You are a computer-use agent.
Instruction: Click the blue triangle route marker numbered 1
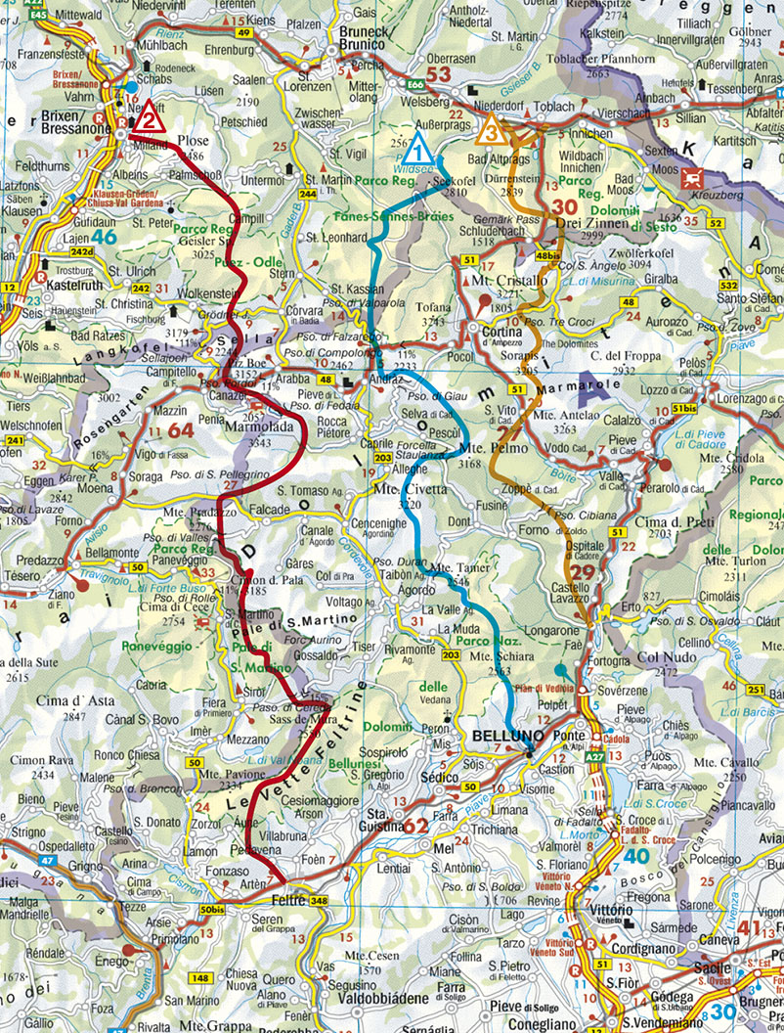pos(417,151)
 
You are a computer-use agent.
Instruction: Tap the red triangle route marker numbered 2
pos(148,120)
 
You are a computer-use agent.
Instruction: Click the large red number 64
pos(180,430)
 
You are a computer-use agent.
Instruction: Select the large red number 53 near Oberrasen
pos(439,75)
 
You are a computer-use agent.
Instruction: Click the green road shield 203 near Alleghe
pos(381,458)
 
